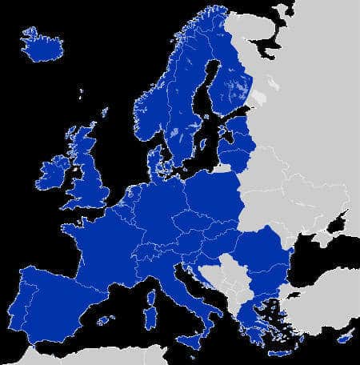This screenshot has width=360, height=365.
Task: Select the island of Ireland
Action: click(x=53, y=171)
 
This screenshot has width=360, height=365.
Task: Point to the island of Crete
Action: click(x=280, y=353)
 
